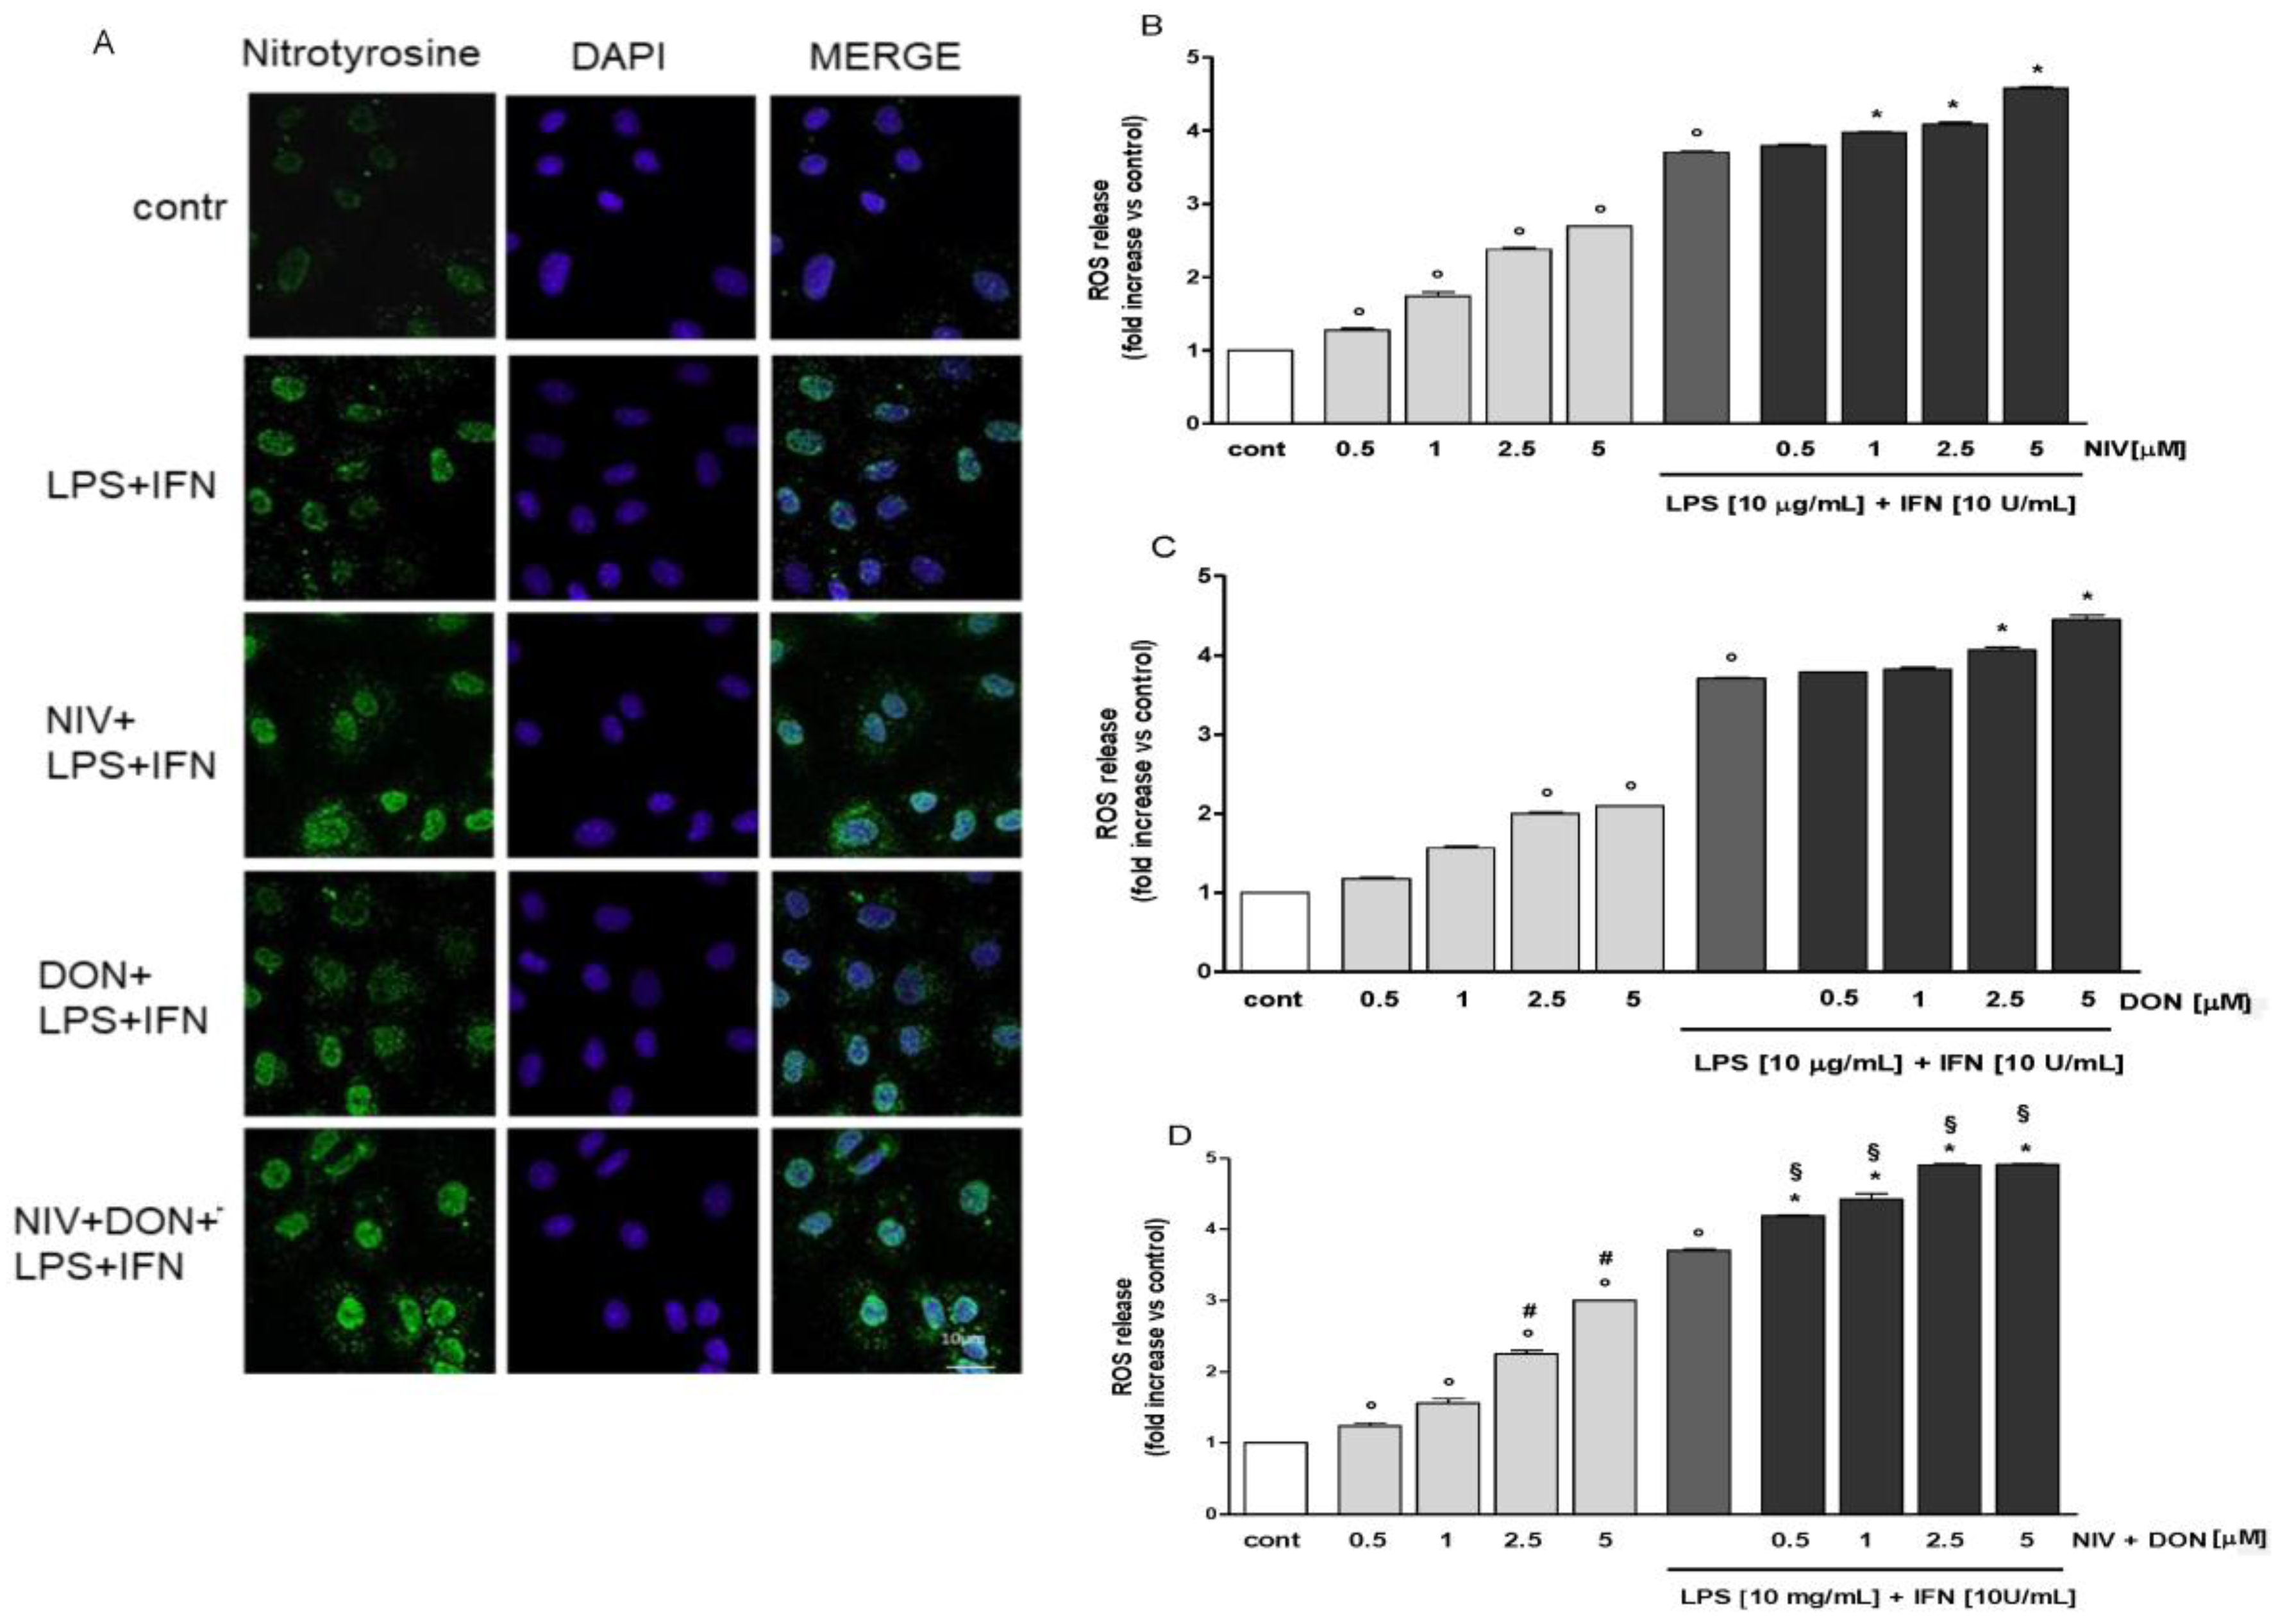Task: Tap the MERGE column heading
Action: tap(884, 58)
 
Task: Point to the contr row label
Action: tap(180, 208)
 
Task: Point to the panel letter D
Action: tap(1180, 1136)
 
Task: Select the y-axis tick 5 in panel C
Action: tap(1203, 576)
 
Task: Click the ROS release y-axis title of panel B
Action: tap(1116, 240)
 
